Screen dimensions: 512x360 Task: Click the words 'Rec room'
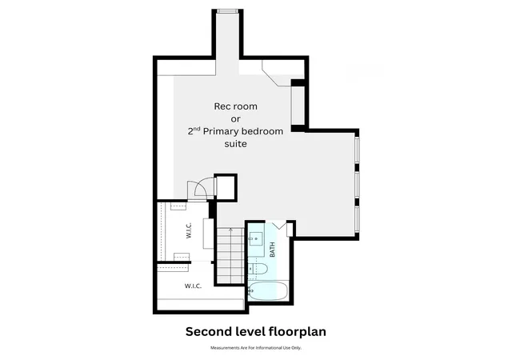235,106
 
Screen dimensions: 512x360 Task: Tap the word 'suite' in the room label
235,144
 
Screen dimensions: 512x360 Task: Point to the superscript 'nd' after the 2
196,129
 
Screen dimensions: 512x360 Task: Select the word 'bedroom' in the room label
263,131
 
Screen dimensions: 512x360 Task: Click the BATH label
272,250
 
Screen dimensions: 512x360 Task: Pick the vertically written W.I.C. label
189,230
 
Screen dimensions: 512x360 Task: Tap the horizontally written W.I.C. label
193,286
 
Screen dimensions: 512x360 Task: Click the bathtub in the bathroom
268,290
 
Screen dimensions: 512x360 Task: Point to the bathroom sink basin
256,239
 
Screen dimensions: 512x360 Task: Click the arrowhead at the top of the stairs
231,230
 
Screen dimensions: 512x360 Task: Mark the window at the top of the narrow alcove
227,11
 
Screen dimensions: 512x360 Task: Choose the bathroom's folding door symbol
279,225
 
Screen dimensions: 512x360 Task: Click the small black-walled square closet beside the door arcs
226,186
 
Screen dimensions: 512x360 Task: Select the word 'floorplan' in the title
297,332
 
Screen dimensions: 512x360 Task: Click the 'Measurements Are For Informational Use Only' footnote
256,348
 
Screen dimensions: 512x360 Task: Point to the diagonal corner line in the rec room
270,78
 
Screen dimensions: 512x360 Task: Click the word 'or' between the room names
235,119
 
